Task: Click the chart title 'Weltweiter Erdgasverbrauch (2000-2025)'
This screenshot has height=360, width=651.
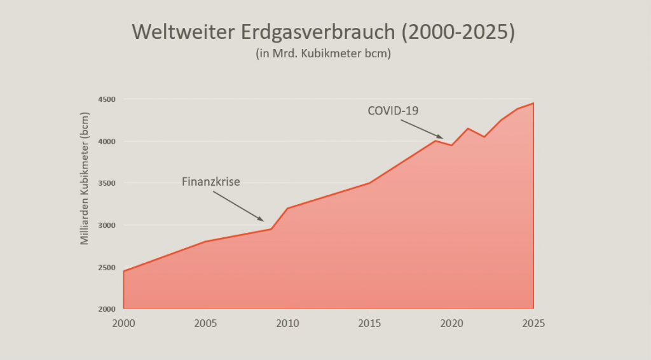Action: click(323, 32)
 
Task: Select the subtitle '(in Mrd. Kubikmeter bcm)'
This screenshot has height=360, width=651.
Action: click(323, 54)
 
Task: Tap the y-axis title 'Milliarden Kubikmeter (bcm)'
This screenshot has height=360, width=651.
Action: click(85, 179)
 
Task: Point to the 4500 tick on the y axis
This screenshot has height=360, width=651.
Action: click(106, 99)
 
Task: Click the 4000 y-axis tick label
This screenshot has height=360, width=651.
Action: click(106, 141)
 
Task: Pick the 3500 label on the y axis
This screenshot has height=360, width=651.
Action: click(106, 183)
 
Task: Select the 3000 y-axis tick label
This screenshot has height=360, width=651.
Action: click(106, 225)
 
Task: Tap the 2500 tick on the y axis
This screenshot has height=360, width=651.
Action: click(106, 267)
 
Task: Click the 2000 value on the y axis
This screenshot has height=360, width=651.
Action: click(106, 309)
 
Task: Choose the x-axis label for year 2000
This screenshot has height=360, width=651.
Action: click(123, 322)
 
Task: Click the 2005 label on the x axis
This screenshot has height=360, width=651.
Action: click(205, 322)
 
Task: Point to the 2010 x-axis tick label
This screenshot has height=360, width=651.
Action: click(287, 322)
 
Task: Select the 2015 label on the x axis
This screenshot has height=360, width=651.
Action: click(369, 322)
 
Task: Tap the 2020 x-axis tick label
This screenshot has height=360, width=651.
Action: click(451, 322)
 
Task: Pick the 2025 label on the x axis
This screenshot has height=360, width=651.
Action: click(533, 322)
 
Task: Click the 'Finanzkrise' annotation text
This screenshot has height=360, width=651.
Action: click(211, 182)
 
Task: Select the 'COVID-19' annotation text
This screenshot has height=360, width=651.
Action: click(393, 111)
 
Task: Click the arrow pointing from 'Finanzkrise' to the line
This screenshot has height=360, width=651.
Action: click(238, 206)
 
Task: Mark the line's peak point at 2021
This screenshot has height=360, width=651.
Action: click(468, 128)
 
